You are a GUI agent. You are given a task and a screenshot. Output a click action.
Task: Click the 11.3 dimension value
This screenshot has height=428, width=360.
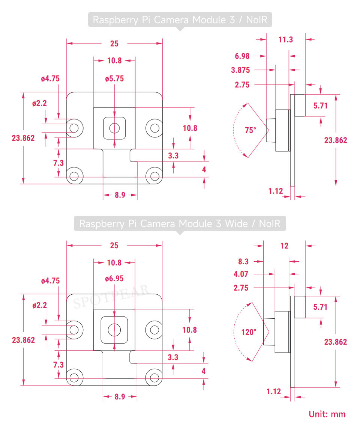coord(286,39)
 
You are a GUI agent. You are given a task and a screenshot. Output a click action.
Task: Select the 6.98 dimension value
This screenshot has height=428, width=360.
coord(242,56)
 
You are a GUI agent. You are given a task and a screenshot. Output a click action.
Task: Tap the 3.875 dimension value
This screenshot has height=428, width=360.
coord(241,70)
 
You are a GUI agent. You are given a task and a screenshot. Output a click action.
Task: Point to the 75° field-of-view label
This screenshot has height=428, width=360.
coord(250,131)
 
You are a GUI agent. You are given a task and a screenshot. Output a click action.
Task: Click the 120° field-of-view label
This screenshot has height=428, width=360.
coord(249,332)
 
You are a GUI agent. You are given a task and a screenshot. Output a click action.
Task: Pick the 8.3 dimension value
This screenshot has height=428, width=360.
coord(243,261)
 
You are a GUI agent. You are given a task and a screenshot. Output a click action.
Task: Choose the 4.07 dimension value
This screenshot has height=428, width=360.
coord(241,274)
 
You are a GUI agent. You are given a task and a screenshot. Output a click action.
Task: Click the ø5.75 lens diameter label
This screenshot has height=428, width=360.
coord(114,79)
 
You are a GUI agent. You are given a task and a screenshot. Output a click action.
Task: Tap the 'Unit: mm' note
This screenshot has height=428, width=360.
coord(327,414)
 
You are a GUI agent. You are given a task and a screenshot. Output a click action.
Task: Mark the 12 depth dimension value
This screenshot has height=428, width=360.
coord(285,246)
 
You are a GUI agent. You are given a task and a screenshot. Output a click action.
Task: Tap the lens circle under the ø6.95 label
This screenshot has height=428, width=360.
coord(114,330)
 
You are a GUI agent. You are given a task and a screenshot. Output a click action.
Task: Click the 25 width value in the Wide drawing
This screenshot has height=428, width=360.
coord(114,246)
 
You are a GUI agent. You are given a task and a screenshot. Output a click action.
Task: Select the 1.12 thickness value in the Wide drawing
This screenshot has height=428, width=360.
coord(274,392)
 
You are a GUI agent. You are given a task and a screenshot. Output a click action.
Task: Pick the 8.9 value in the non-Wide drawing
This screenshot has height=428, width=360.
coord(120,195)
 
